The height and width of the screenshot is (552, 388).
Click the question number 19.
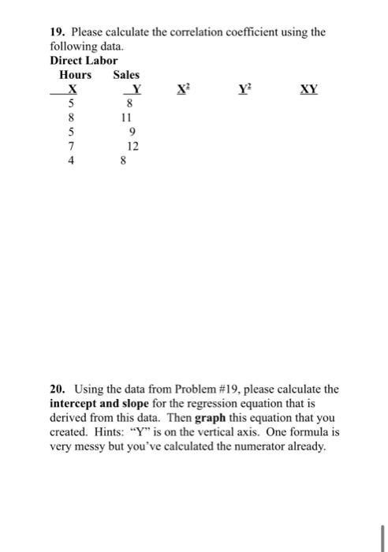[x=57, y=32]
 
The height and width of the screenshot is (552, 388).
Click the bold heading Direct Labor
[x=84, y=60]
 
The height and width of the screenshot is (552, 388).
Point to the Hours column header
[x=76, y=75]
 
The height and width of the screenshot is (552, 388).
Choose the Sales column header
[x=126, y=75]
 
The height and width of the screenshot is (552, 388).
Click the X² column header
[x=184, y=89]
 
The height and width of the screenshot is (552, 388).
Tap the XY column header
[x=308, y=89]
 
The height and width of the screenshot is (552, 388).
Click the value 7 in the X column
[x=72, y=145]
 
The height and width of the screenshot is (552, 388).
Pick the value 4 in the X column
[x=72, y=159]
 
